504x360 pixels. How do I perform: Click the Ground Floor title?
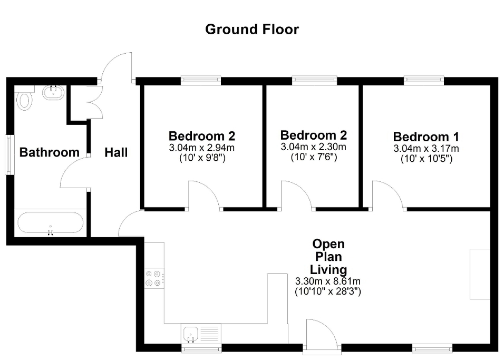[251, 30]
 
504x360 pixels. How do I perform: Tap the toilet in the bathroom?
[24, 100]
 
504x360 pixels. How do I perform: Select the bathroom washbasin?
[53, 93]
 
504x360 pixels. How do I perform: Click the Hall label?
[116, 153]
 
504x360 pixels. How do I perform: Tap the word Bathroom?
[49, 153]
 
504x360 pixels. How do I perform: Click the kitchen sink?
[190, 333]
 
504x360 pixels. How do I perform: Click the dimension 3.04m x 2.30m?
[313, 147]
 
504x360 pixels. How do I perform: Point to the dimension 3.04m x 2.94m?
[202, 148]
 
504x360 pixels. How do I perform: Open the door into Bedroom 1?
[387, 195]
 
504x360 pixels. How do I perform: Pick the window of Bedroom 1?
[424, 80]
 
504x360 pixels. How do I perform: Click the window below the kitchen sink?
[201, 348]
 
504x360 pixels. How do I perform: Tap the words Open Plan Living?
[328, 257]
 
